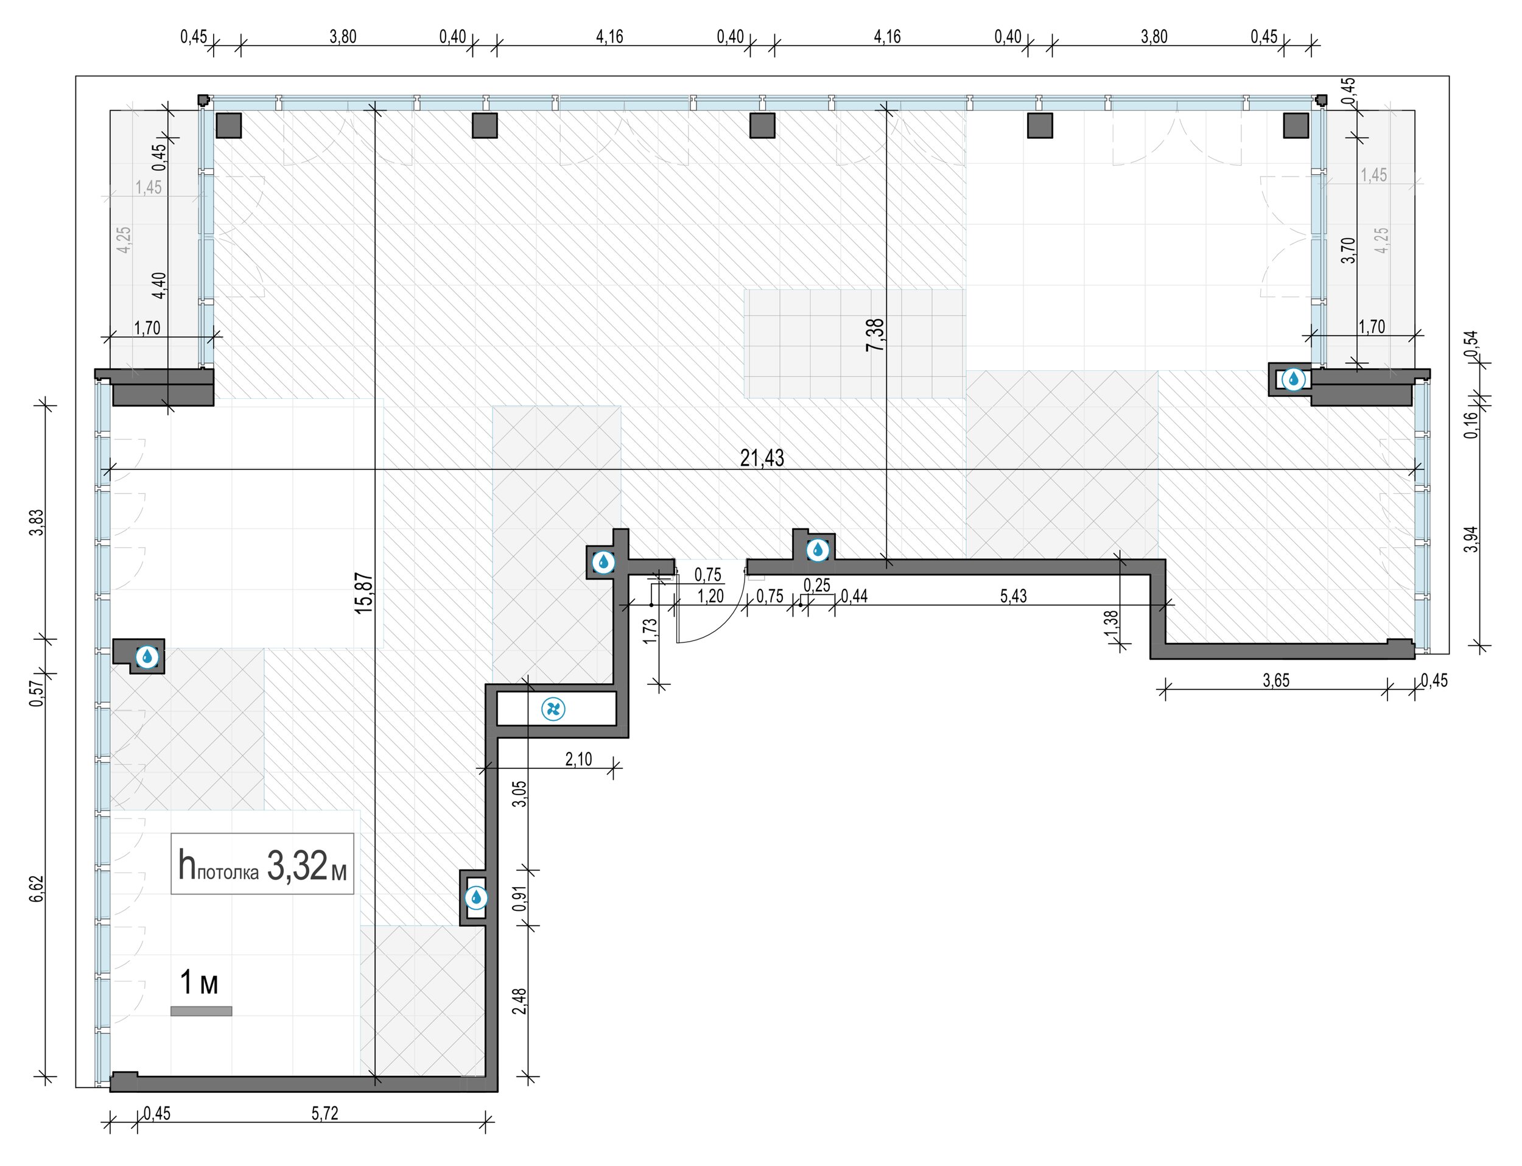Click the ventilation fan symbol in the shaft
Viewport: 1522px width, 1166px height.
(553, 709)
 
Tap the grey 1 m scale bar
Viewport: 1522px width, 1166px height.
(202, 1011)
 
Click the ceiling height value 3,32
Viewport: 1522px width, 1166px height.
(296, 867)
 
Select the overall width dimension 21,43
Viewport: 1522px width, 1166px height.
(762, 458)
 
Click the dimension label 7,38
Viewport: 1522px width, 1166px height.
(875, 334)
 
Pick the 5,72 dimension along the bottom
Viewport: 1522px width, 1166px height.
(325, 1113)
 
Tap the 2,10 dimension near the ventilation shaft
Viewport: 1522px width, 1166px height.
(579, 759)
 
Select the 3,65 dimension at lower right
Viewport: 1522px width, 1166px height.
(1276, 680)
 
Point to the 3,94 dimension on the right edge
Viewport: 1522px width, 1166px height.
(1471, 539)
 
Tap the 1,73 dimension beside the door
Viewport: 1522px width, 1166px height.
(650, 631)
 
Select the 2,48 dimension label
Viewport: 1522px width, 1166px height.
(520, 1002)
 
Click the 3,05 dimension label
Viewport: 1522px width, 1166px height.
(520, 793)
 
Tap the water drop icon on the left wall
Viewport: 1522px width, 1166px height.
(147, 656)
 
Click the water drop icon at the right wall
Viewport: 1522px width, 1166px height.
(1294, 379)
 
